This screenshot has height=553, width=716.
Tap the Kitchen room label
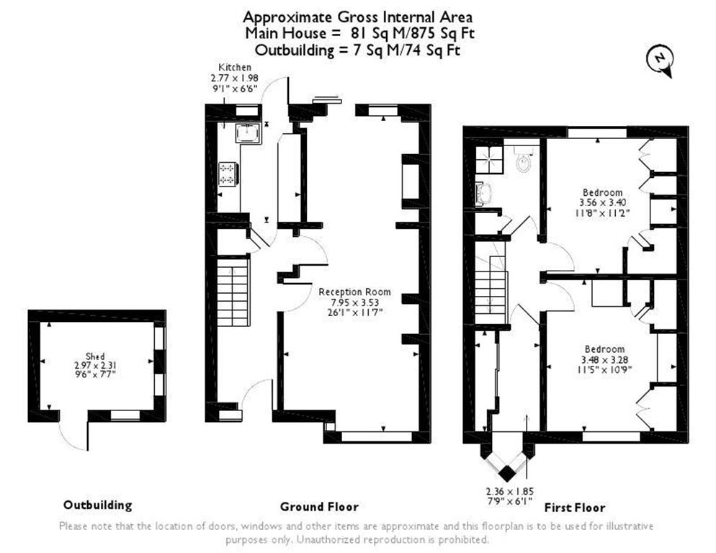pyautogui.click(x=235, y=67)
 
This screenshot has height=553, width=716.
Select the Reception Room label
pyautogui.click(x=355, y=292)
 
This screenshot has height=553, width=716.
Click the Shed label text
pyautogui.click(x=95, y=356)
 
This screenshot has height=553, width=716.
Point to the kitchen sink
pyautogui.click(x=249, y=133)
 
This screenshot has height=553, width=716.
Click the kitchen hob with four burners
pyautogui.click(x=228, y=174)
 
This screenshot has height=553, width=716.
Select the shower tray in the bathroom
pyautogui.click(x=490, y=159)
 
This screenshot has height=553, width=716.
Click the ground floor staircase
pyautogui.click(x=233, y=292)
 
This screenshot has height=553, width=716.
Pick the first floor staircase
pyautogui.click(x=491, y=289)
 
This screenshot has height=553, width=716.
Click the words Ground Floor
pyautogui.click(x=319, y=506)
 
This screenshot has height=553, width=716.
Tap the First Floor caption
pyautogui.click(x=574, y=508)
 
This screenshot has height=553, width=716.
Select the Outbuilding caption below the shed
pyautogui.click(x=98, y=505)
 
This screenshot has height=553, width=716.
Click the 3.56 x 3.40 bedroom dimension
pyautogui.click(x=603, y=202)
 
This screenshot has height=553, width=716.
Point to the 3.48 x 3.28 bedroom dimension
pyautogui.click(x=604, y=359)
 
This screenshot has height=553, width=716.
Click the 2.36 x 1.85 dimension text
pyautogui.click(x=509, y=492)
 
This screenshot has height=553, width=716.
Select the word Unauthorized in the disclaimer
pyautogui.click(x=328, y=540)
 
